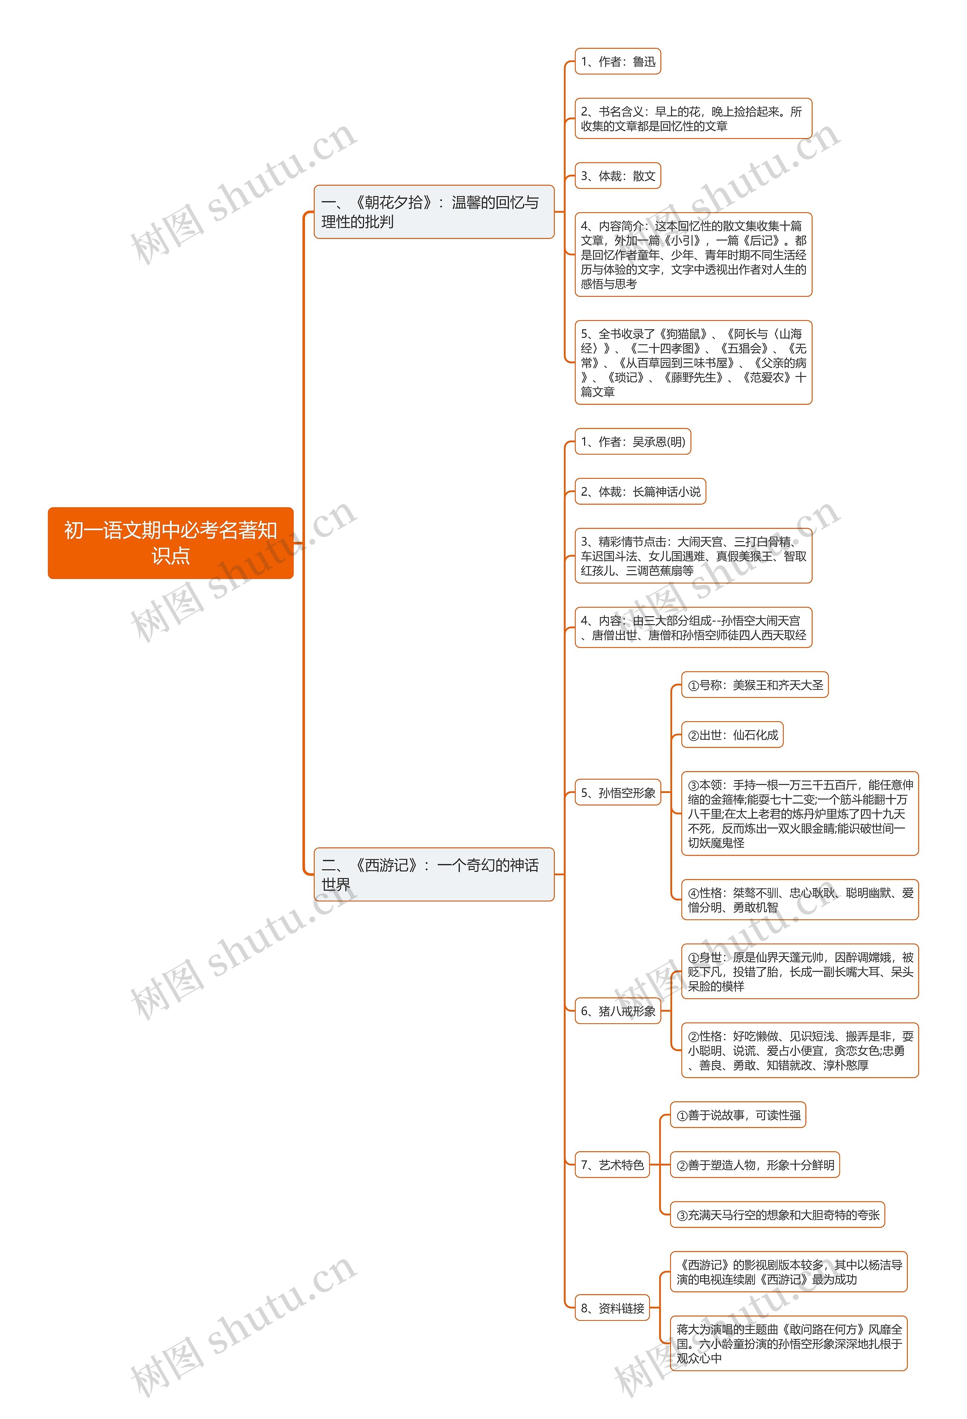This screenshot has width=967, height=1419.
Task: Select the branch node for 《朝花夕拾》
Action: tap(433, 212)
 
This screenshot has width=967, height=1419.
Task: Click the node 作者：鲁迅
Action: tap(618, 62)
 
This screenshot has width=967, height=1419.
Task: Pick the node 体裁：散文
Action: tap(618, 176)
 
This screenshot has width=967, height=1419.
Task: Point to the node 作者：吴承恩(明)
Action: tap(632, 441)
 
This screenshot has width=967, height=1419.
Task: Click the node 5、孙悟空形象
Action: tap(618, 793)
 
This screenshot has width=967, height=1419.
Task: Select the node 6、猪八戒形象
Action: tap(618, 1010)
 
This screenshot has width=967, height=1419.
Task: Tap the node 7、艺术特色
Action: tap(612, 1165)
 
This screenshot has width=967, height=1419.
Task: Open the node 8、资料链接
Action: tap(612, 1308)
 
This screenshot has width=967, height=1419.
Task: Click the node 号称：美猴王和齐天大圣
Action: tap(754, 685)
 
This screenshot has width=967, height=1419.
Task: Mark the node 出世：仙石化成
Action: tap(732, 735)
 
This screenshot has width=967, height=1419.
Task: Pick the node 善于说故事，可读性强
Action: tap(738, 1115)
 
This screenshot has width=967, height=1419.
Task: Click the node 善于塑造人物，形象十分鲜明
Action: tap(754, 1165)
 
